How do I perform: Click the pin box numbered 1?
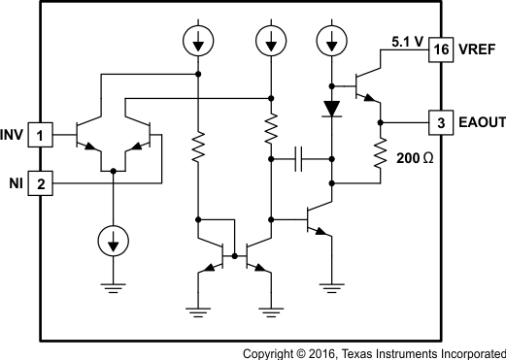pos(40,133)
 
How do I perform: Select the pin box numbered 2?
pos(40,182)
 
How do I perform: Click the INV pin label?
pos(14,133)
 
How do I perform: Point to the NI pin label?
pos(16,182)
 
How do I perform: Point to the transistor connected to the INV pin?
pos(88,133)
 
